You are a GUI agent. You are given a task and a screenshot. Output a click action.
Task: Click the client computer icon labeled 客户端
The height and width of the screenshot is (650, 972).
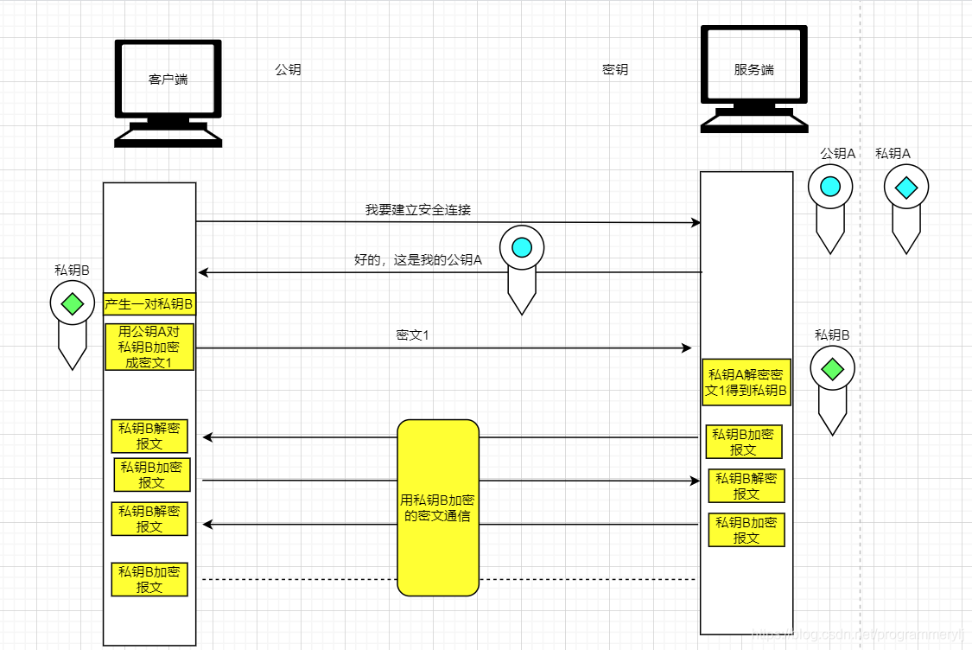[168, 91]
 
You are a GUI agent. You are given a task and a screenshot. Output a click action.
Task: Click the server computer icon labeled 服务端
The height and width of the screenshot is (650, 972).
[753, 79]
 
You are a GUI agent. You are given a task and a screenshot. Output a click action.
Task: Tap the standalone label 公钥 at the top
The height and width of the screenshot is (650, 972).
[288, 70]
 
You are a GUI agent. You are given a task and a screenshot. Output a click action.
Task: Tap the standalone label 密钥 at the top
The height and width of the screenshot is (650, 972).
[615, 70]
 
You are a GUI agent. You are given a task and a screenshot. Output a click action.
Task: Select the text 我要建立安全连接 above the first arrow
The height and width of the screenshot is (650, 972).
[417, 210]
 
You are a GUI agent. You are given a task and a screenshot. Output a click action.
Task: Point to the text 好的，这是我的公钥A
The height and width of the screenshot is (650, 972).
[417, 259]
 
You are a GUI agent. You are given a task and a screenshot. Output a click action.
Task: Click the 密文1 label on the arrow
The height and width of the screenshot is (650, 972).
[413, 335]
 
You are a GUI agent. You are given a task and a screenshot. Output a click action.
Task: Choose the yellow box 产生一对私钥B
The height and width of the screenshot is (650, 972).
[149, 304]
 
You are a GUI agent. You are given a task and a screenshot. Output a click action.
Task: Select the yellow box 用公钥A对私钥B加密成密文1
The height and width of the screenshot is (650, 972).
[149, 347]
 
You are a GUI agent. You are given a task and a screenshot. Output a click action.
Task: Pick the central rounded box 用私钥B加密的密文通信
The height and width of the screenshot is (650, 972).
[438, 508]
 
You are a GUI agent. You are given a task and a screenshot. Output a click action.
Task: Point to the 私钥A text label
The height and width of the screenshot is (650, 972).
[893, 154]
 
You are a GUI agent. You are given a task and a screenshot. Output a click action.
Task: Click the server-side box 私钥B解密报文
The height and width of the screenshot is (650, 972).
[746, 486]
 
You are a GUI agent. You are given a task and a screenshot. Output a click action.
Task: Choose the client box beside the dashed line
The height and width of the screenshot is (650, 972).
[149, 579]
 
